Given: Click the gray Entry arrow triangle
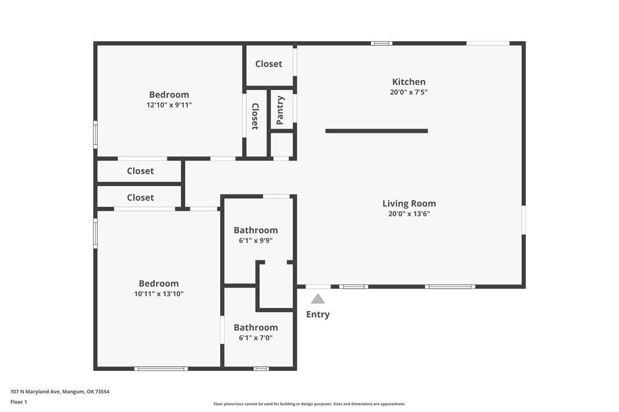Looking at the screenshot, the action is [318, 299].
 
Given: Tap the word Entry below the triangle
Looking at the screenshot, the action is [318, 315].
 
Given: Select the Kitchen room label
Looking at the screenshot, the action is [408, 82].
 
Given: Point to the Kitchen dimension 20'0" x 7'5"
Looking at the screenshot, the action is [408, 92].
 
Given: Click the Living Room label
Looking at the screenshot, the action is [409, 204].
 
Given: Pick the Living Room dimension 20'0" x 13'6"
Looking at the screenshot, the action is [409, 214].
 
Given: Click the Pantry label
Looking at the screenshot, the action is [280, 110].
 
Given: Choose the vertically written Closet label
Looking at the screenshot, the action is [255, 117].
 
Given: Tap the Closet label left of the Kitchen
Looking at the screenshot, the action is [269, 64].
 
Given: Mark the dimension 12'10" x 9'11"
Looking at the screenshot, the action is [169, 105].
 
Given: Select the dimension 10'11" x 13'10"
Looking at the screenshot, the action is [159, 294].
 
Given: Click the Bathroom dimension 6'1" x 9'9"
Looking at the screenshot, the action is [255, 240].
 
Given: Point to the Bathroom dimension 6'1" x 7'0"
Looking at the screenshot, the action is [255, 338].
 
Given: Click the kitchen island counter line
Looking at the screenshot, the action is [376, 131].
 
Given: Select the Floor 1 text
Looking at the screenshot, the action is [19, 402].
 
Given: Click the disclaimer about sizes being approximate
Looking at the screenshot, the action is [309, 404].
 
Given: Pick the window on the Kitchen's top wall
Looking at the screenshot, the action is [381, 43].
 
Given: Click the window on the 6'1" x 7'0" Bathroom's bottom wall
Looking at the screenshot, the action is [261, 369].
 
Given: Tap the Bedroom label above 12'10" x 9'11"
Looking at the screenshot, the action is [169, 95].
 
